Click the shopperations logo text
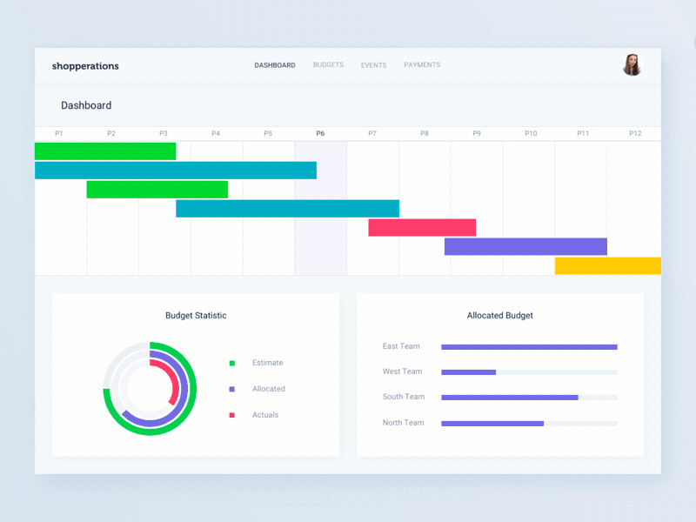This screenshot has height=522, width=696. tap(85, 66)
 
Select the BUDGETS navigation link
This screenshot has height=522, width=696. tap(328, 65)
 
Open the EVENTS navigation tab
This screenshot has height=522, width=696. tap(373, 65)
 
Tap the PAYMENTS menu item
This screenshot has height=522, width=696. tap(422, 65)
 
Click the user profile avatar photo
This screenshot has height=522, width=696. tap(632, 65)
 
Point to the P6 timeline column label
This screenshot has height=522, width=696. tap(320, 133)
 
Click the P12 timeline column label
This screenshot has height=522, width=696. tap(635, 133)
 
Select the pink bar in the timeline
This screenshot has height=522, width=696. tap(422, 228)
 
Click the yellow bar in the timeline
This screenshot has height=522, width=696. tap(607, 265)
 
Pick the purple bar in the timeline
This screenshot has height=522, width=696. tap(525, 246)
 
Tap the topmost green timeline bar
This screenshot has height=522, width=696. tap(105, 151)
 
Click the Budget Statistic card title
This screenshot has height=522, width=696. tap(196, 316)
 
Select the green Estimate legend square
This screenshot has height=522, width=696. tap(232, 363)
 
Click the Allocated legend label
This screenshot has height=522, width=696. tap(269, 389)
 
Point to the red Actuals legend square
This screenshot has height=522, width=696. tap(232, 415)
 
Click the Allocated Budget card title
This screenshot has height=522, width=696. tap(500, 316)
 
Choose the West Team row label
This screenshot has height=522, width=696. tap(402, 371)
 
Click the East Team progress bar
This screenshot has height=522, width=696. tap(529, 347)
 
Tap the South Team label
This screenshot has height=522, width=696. tap(404, 397)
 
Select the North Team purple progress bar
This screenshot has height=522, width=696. tap(492, 424)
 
